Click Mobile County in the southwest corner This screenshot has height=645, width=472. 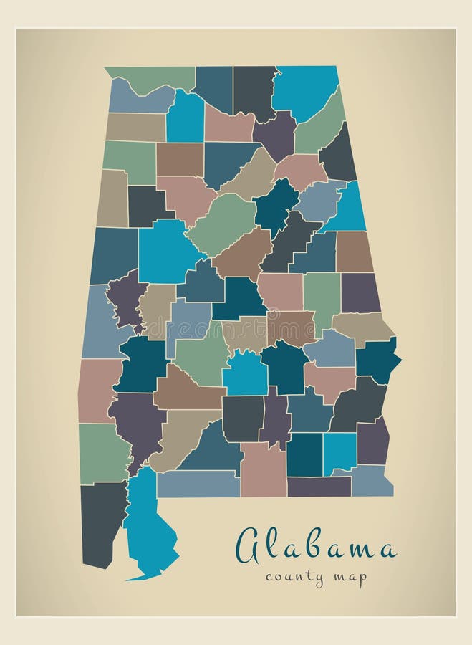click(102, 522)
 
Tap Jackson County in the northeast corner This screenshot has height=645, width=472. click(306, 91)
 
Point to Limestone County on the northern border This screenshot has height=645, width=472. click(213, 87)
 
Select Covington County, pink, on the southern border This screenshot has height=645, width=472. click(263, 469)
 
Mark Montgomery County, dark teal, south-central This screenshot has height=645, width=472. click(284, 365)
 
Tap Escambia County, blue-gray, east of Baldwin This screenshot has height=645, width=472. click(198, 484)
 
